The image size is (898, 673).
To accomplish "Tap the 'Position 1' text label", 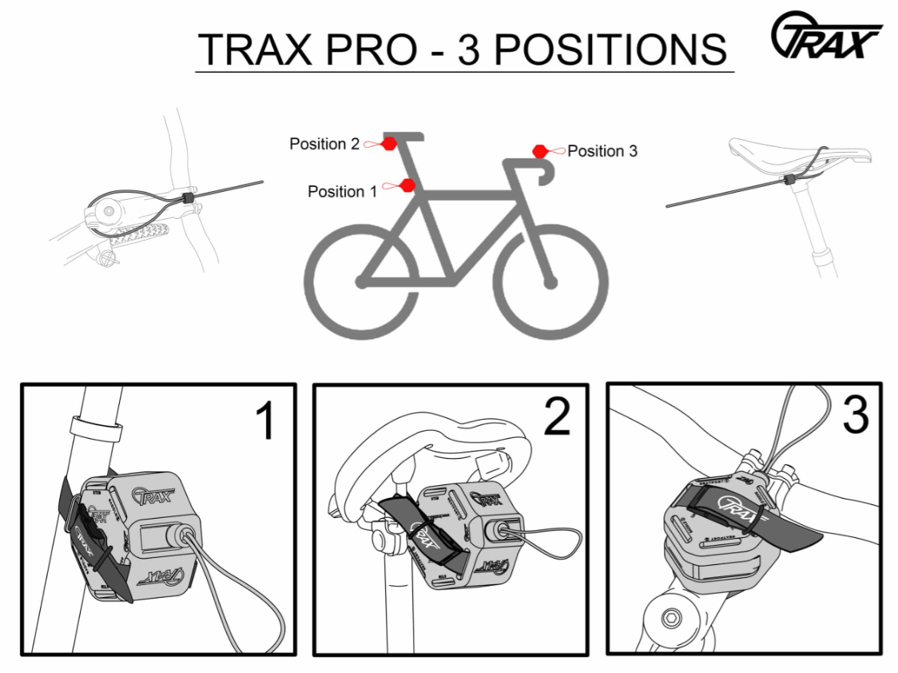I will [x=341, y=192].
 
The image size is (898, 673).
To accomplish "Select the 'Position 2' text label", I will [x=324, y=144].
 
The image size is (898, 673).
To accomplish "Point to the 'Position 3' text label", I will [x=602, y=151].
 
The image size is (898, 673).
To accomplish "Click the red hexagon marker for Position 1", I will [x=407, y=186].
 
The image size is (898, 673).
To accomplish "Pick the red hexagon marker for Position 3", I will [x=540, y=150].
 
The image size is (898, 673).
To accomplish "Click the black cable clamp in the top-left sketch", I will [x=189, y=197].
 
